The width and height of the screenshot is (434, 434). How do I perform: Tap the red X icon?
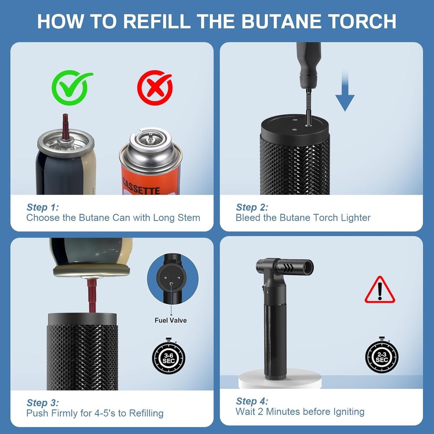point(155,88)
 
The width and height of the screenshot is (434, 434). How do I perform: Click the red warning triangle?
point(380,290)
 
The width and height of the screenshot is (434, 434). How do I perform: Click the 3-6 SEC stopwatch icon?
point(168,357)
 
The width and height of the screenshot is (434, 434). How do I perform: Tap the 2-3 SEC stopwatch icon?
point(381,357)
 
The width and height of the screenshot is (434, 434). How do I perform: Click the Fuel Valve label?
point(171,320)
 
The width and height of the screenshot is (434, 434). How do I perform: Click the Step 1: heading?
point(43,207)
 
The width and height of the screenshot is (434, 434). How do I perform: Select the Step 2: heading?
point(252,207)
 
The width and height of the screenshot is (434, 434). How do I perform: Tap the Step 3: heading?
point(43,403)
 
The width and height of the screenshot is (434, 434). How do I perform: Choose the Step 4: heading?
point(252,401)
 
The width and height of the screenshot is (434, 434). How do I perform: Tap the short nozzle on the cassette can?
point(150,138)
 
